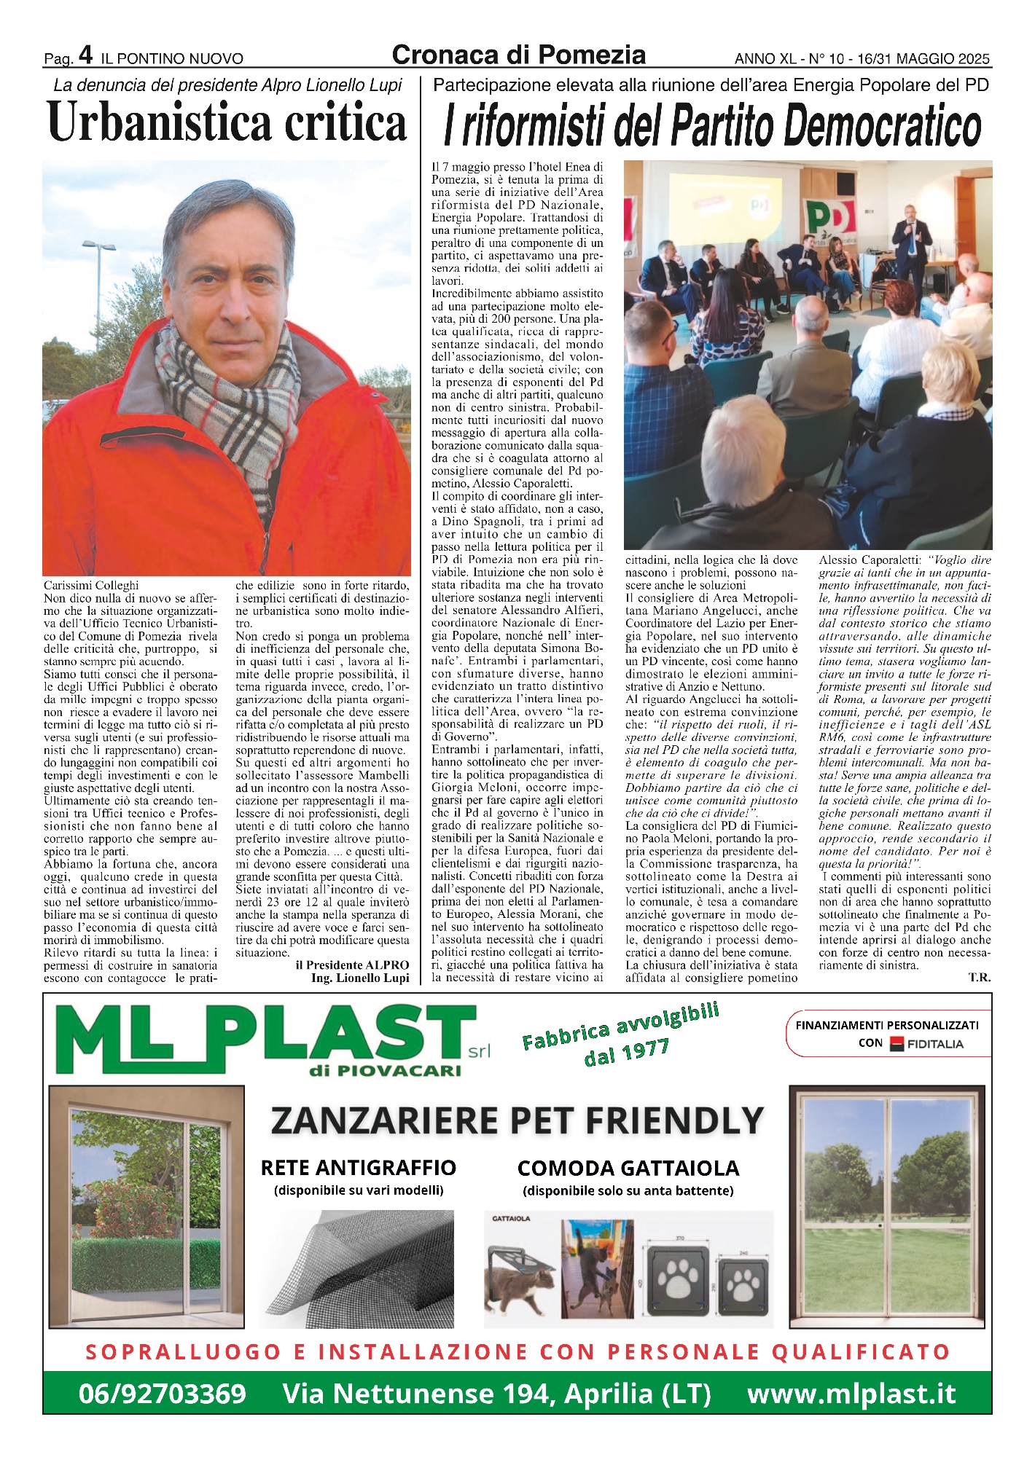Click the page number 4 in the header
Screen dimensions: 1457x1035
[x=85, y=55]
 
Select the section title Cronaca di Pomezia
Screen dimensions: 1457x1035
[x=518, y=55]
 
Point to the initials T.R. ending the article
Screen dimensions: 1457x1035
[x=979, y=978]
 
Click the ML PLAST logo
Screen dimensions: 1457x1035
[x=262, y=1039]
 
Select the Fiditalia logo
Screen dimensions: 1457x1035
[x=926, y=1044]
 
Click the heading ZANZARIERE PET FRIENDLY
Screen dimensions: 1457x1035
[x=517, y=1120]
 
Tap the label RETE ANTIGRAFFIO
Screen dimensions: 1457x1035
[x=358, y=1168]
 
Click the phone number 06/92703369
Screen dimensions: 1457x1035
[x=163, y=1394]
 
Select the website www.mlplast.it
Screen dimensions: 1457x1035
[x=851, y=1394]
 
